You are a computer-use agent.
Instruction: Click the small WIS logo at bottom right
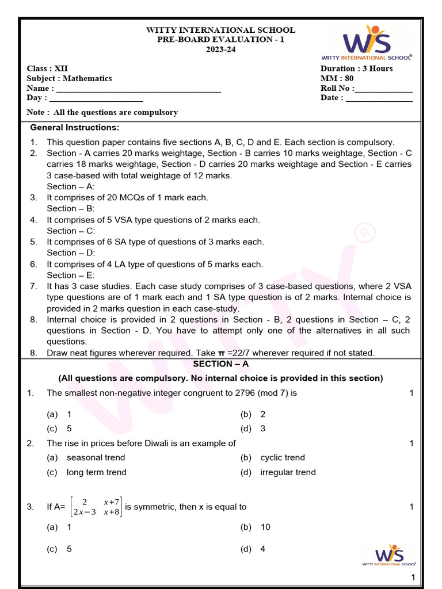(x=389, y=556)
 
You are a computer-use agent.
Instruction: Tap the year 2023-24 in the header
(x=221, y=49)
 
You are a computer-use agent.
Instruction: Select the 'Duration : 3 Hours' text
(x=356, y=68)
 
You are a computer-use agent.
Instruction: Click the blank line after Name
(x=138, y=90)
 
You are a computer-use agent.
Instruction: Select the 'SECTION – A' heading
(x=221, y=364)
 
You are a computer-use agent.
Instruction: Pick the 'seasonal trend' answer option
(x=96, y=458)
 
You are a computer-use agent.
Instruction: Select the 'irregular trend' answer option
(x=288, y=472)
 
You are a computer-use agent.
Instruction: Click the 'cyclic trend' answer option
(x=283, y=458)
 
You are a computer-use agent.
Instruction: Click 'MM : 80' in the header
(x=337, y=78)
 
